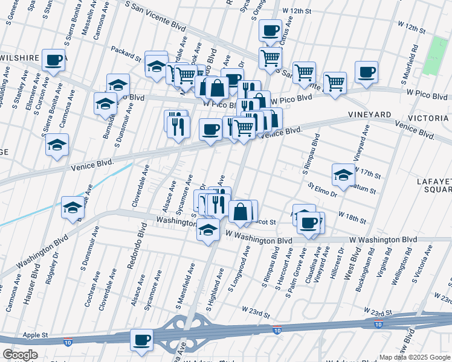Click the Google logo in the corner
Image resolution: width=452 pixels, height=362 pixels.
coord(19,355)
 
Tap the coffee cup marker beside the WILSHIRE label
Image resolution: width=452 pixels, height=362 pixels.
coord(54,60)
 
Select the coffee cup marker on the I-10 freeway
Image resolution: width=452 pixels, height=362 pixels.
coord(142,340)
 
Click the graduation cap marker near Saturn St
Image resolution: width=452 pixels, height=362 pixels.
coord(343,175)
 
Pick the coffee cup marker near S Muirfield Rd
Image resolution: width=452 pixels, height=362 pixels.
coord(366,72)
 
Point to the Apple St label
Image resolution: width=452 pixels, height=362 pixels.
coord(34,335)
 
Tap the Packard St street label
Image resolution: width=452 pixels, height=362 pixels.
coord(126,54)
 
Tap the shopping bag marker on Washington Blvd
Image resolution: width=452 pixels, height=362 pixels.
coord(241,212)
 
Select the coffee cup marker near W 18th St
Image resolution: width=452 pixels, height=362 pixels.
coord(309,223)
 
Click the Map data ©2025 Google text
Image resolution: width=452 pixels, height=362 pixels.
coord(414,357)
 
